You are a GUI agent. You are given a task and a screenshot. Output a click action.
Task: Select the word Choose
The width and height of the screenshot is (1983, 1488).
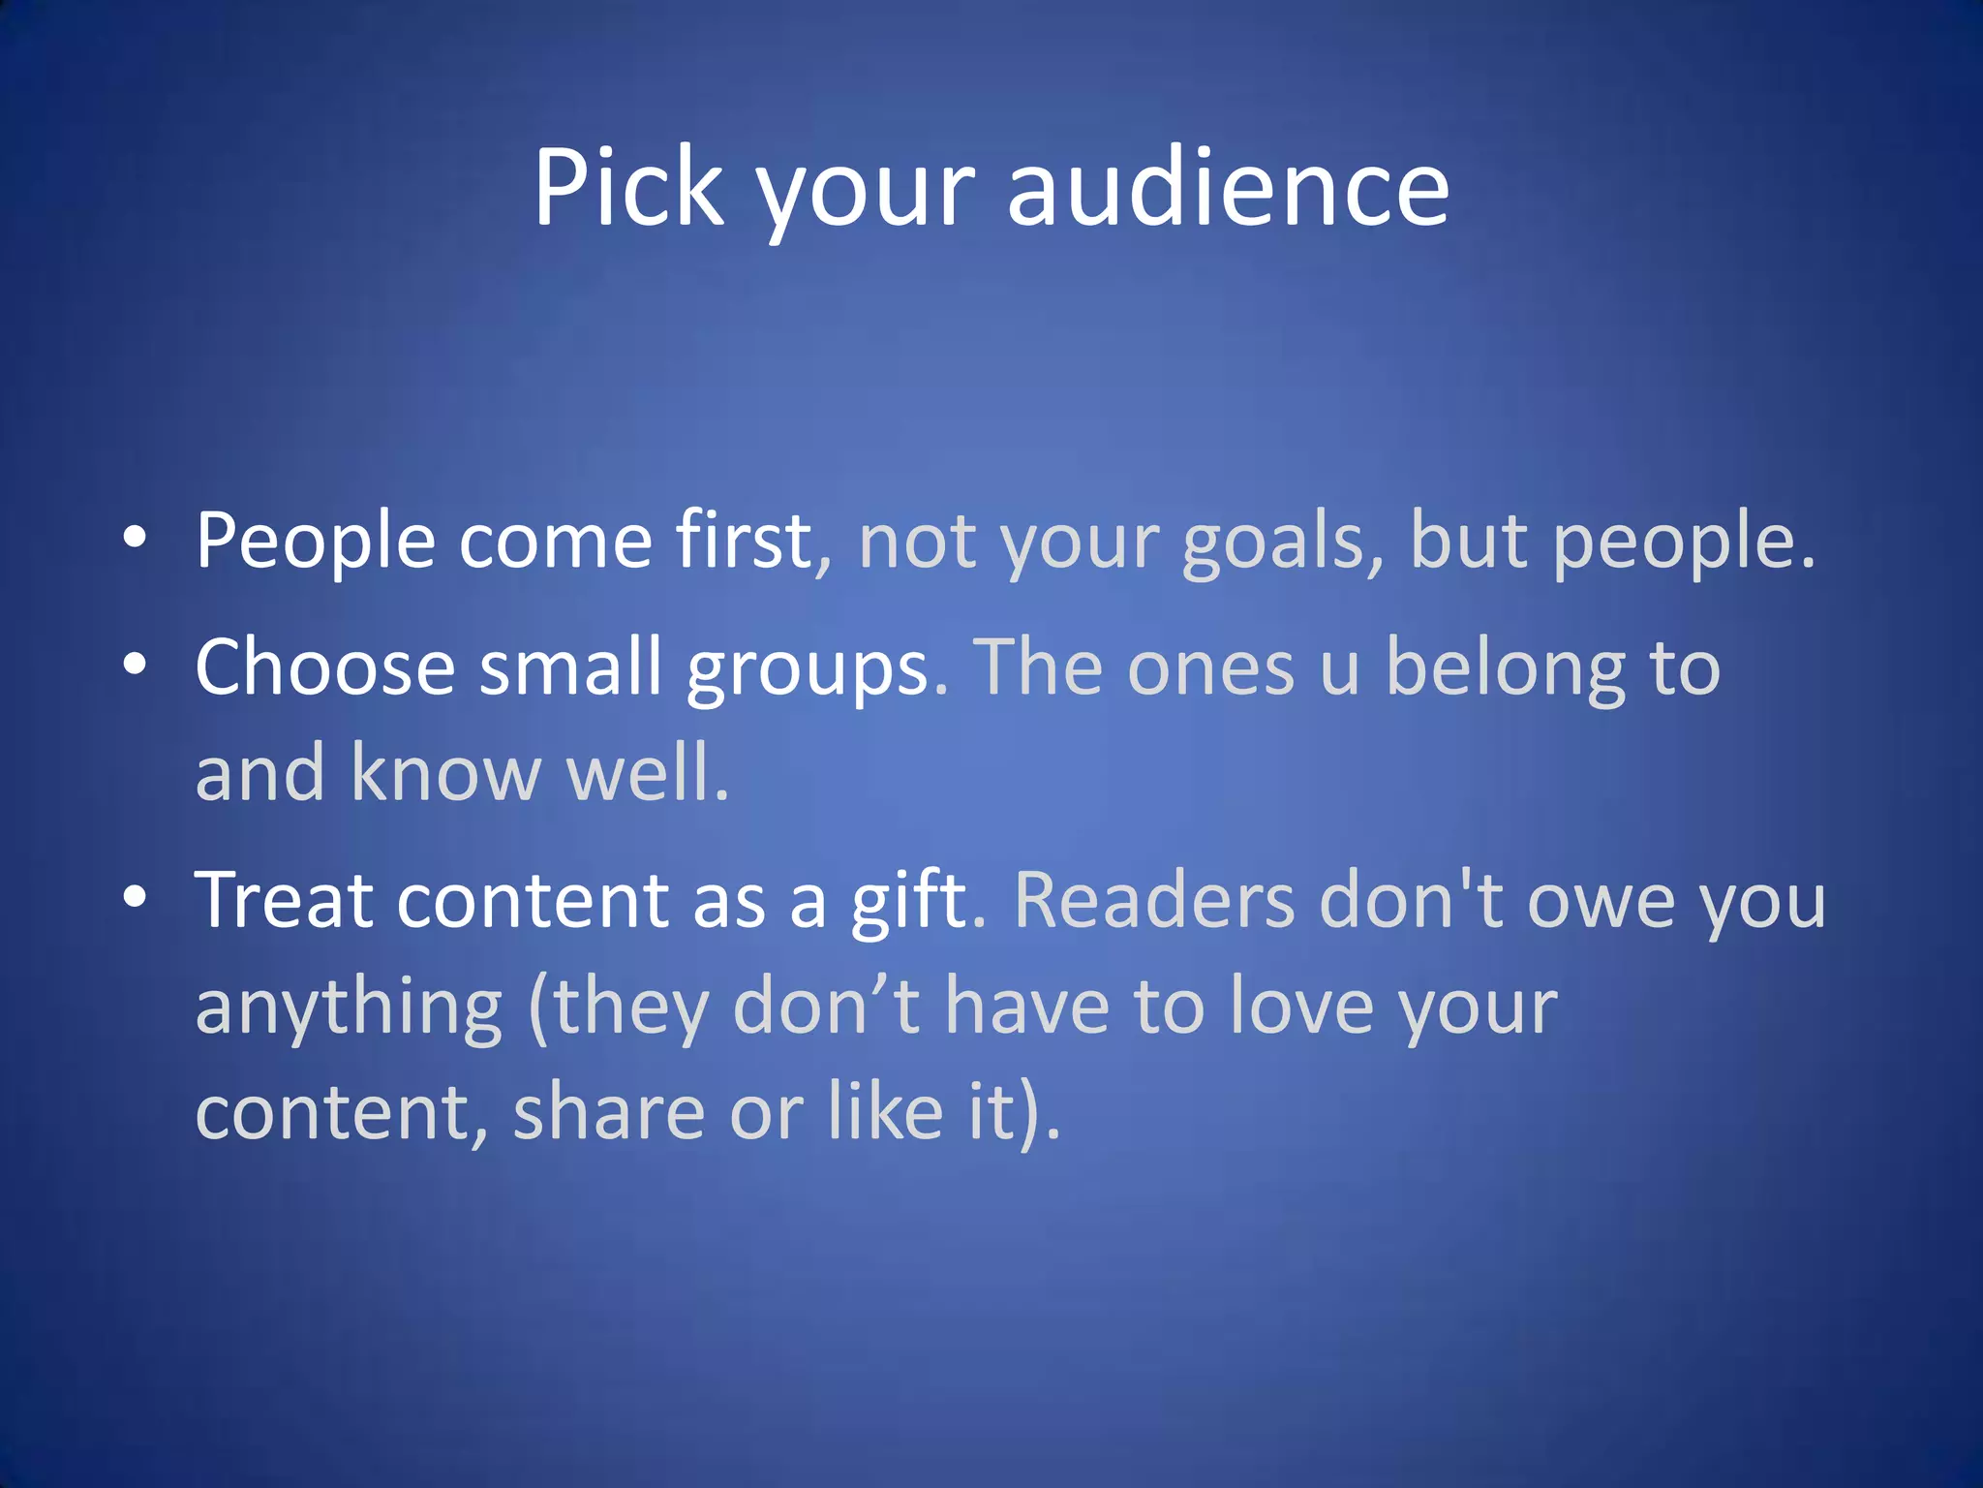pyautogui.click(x=325, y=667)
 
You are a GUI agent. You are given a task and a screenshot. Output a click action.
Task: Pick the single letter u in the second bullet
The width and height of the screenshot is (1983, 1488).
pyautogui.click(x=1339, y=670)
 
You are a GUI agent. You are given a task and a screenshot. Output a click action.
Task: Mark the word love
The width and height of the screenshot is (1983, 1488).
pyautogui.click(x=1301, y=1007)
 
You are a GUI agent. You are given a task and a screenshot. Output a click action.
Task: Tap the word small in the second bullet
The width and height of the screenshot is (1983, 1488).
pyautogui.click(x=571, y=667)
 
